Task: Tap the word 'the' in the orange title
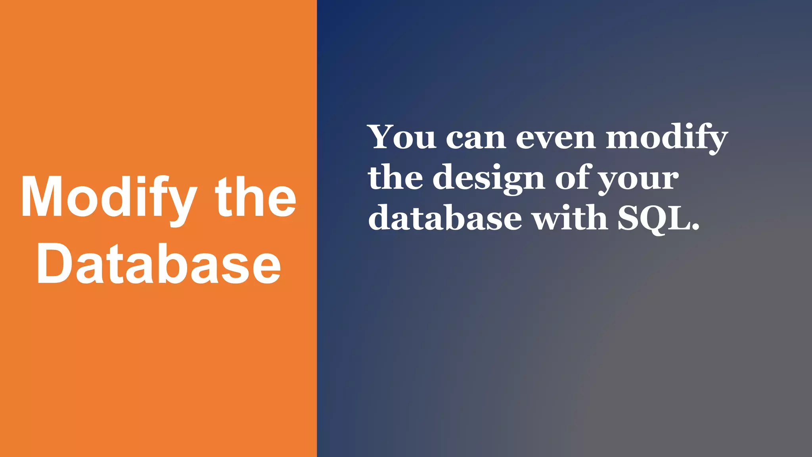(x=256, y=197)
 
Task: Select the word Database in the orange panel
(x=159, y=264)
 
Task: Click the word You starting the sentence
(x=402, y=137)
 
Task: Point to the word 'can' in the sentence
(x=476, y=139)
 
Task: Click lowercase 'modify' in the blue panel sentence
(x=667, y=138)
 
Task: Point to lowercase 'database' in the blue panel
(x=445, y=218)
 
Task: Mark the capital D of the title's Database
(x=54, y=264)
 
